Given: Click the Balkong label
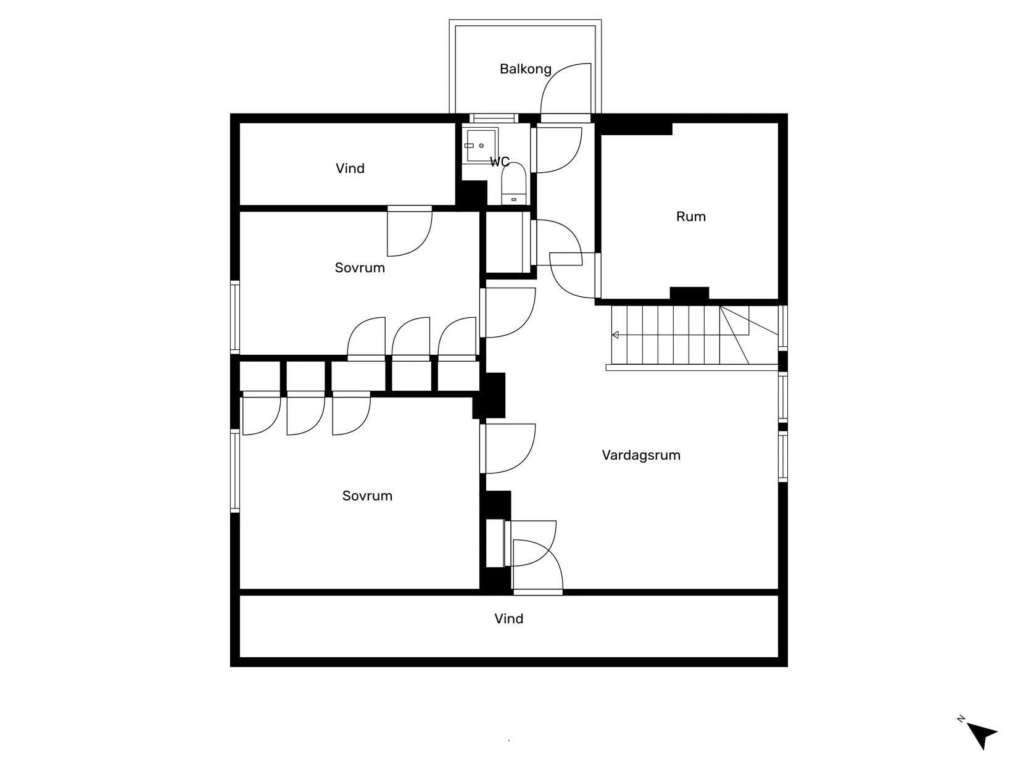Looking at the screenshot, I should [x=525, y=69].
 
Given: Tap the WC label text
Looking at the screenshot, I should [x=499, y=162].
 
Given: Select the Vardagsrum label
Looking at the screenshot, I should [x=641, y=455].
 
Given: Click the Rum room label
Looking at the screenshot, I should [x=690, y=217].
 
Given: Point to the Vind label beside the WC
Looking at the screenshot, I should [x=350, y=168].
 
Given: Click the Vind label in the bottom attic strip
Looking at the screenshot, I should [x=508, y=619].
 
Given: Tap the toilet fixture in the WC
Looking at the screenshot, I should [x=513, y=183].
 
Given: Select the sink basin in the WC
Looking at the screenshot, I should [x=481, y=146].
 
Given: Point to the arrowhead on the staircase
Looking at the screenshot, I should [x=615, y=335].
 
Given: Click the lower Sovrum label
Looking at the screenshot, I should [x=367, y=496].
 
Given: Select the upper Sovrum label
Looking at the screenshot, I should [x=360, y=268].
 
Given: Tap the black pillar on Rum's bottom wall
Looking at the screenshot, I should [x=689, y=294].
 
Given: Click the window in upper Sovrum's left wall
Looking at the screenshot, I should [x=235, y=317].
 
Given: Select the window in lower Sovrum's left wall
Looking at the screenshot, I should [x=235, y=470].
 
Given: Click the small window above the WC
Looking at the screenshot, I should [x=492, y=118].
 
